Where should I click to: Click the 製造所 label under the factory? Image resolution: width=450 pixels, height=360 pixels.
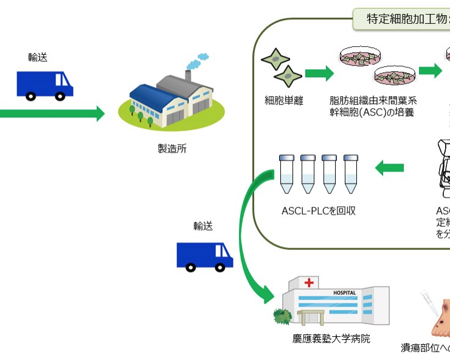click(171, 148)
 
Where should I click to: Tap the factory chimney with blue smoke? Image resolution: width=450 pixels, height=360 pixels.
click(188, 75)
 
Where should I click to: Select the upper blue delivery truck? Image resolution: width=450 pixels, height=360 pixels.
click(44, 85)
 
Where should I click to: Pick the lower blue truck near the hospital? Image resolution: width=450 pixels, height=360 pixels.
click(204, 255)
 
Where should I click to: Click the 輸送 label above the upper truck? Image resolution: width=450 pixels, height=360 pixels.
click(38, 57)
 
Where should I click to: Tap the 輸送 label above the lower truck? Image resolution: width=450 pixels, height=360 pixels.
click(203, 226)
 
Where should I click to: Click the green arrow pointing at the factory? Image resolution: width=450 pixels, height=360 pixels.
click(55, 114)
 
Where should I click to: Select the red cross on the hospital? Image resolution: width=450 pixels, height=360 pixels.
click(310, 283)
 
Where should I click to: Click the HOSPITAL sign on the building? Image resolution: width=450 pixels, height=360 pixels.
click(344, 293)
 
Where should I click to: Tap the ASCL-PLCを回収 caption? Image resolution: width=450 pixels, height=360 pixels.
click(318, 211)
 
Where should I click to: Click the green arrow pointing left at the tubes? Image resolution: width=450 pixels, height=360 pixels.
click(389, 167)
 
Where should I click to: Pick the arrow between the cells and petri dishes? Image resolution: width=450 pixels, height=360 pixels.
click(319, 74)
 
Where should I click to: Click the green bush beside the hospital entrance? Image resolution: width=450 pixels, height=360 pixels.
click(283, 316)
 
